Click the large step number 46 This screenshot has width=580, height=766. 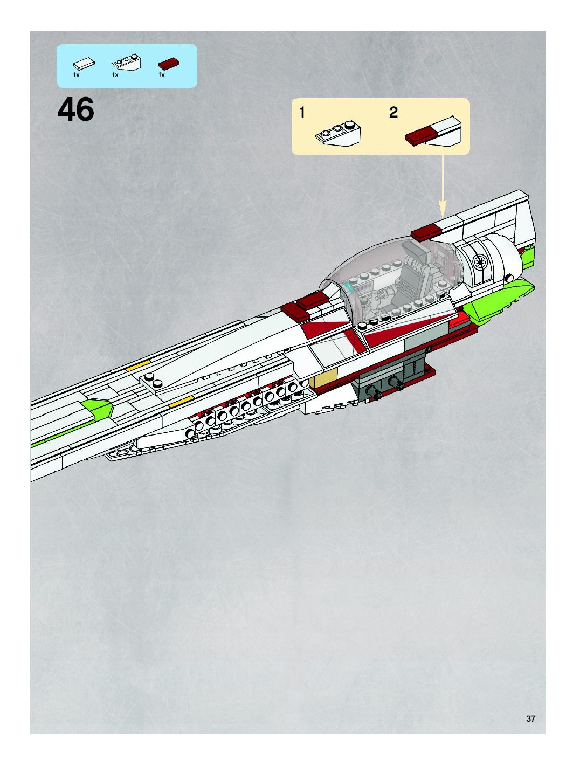76,109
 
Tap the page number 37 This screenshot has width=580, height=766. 530,719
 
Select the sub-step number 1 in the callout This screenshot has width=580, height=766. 302,113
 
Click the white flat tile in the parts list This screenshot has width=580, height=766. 84,64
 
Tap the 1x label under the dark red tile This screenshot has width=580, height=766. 161,75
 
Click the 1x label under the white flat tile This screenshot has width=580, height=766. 77,75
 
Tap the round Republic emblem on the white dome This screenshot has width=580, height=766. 481,262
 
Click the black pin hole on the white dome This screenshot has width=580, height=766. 510,278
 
